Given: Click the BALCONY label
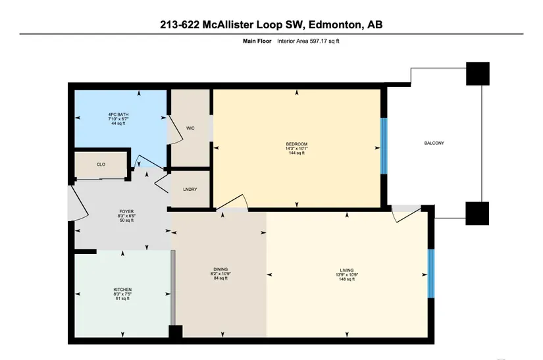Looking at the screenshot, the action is tap(434, 143).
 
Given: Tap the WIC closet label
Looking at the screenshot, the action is tap(190, 128).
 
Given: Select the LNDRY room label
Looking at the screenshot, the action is tap(190, 190).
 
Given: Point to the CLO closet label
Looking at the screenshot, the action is tap(101, 165).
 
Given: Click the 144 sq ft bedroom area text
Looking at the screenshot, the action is tap(296, 153).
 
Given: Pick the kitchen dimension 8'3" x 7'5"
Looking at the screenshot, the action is tap(122, 294).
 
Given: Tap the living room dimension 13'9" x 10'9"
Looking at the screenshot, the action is tap(347, 274).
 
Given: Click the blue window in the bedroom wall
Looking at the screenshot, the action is tap(384, 145).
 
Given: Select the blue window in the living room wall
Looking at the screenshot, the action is tap(431, 274).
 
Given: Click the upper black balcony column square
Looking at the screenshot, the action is tap(478, 74).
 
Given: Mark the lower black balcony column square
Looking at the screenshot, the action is tap(477, 213).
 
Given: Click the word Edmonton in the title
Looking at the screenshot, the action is tap(334, 24).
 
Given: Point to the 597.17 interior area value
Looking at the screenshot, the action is tap(319, 41).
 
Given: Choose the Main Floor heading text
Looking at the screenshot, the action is tap(257, 41).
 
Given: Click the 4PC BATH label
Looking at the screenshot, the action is tap(118, 115).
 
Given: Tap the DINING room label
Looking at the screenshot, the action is tap(220, 269).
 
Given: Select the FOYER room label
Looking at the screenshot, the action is tap(126, 211).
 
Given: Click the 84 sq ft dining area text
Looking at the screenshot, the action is tap(220, 278).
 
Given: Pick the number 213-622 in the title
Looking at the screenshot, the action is tap(180, 24).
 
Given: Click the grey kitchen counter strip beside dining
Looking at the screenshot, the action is tap(173, 288).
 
